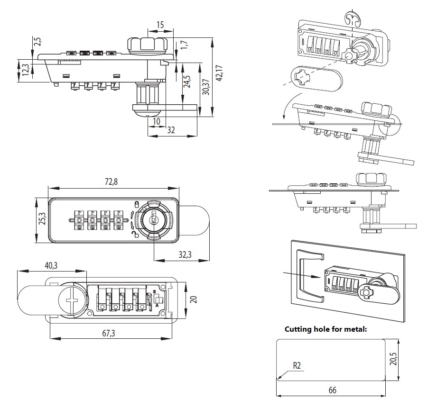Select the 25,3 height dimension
coord(41,219)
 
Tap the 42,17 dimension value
coord(219,73)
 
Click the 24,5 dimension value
coord(187,82)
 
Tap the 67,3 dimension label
coord(109,333)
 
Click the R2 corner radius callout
coord(297,365)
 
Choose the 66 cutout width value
coord(332,390)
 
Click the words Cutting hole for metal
coord(325,329)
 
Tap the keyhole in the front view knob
coord(153,219)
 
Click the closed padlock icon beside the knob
coord(136,205)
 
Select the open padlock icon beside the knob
coord(136,234)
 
